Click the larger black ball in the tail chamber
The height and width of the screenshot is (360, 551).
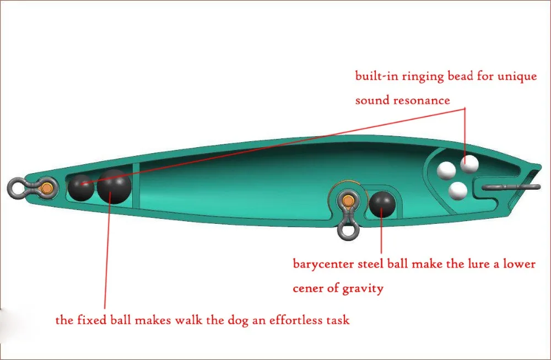coord(114,186)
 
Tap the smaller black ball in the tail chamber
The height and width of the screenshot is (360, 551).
coord(81,188)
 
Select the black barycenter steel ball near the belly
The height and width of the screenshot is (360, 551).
coord(381,203)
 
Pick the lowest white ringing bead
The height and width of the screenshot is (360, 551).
coord(458,191)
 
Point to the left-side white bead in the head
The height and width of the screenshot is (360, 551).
coord(446,170)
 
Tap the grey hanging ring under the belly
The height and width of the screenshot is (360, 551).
coord(348,229)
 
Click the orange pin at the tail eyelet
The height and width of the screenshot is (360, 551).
coord(48,188)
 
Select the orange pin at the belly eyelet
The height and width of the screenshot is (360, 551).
coord(348,198)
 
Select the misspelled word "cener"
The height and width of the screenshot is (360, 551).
coord(308,288)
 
